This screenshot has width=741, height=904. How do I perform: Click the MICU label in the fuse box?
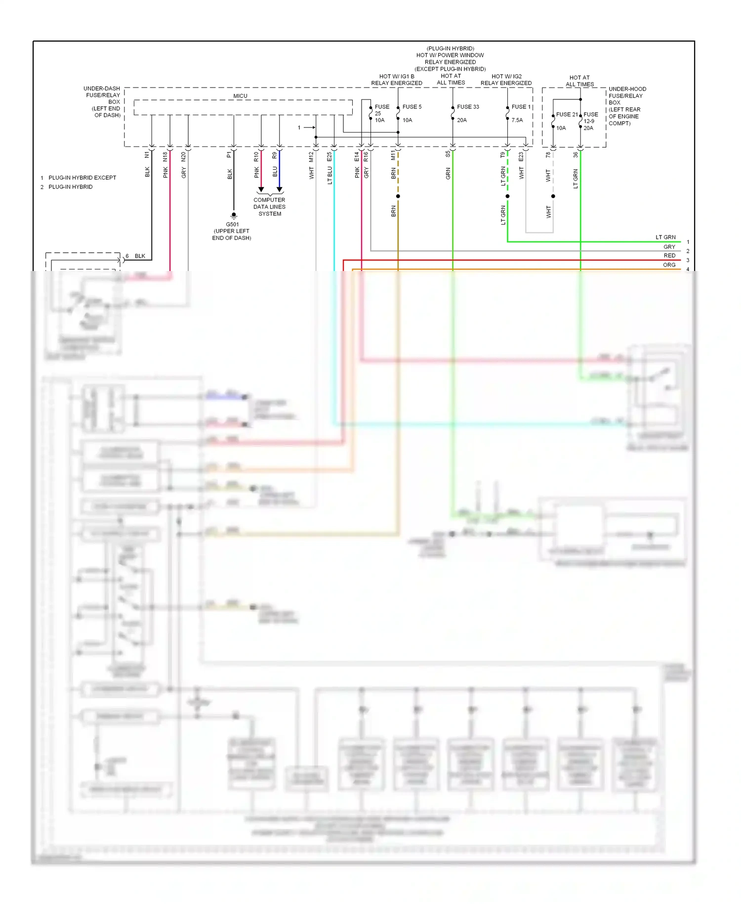pos(240,96)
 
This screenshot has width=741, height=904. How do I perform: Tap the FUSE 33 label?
pos(467,107)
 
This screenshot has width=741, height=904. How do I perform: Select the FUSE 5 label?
pos(412,107)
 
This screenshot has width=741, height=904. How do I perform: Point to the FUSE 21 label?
pos(566,114)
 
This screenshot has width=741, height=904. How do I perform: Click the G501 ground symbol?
pos(234,216)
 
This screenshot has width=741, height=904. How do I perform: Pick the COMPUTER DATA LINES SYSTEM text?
pos(269,207)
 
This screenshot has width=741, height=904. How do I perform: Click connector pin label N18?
pos(165,157)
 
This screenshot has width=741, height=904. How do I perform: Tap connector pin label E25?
pos(329,157)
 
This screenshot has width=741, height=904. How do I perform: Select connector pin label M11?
pos(393,156)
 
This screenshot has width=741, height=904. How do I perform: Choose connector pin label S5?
pos(448,154)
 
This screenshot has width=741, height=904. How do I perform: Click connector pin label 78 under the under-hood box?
pos(548,155)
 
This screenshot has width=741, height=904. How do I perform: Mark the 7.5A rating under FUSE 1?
pos(517,120)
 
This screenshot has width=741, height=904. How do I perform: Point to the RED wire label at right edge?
pos(669,256)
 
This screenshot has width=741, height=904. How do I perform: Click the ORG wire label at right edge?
pos(669,265)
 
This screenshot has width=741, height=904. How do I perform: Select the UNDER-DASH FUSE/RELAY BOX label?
pos(103,102)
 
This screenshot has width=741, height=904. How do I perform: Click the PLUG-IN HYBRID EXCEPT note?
pos(82,178)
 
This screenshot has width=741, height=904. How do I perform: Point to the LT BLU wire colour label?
pos(329,176)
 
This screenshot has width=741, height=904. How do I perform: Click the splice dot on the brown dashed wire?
pos(398,196)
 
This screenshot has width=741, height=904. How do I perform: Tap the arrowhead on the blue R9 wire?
pos(279,190)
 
